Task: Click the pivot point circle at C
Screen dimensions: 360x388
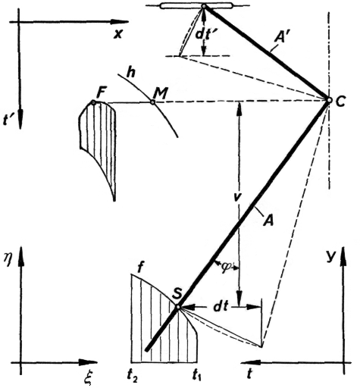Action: [329, 100]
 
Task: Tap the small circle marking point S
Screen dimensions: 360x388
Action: [178, 307]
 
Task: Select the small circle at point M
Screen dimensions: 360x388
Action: [152, 102]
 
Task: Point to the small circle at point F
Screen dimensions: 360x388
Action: [93, 102]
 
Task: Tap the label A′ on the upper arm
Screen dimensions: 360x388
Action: [281, 38]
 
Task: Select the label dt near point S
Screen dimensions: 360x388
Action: [221, 306]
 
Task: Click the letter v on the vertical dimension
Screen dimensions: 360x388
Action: [237, 196]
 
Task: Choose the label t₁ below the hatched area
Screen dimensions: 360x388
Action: [197, 375]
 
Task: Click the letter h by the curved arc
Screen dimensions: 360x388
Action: [131, 73]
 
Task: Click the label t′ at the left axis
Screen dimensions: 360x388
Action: [8, 120]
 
